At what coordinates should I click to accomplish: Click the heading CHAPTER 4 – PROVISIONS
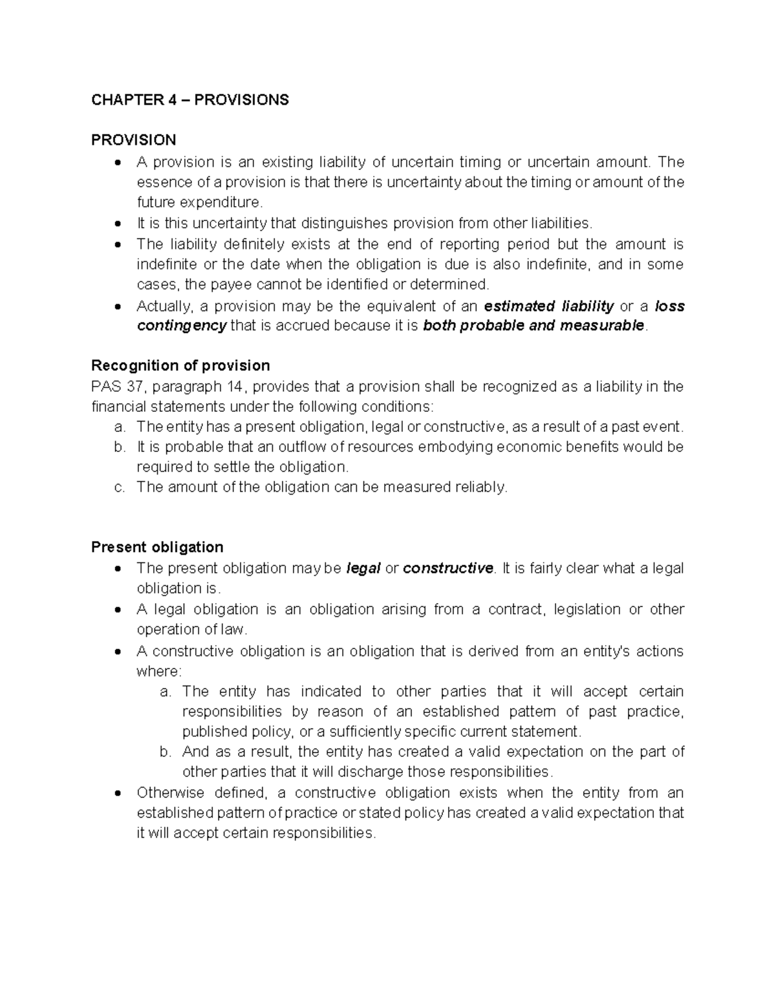coord(189,100)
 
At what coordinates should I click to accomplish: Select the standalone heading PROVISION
coord(133,140)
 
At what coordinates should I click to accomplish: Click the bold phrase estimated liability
coord(548,306)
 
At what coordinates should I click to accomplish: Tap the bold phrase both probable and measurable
coord(533,326)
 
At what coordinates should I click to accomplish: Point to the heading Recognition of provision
coord(180,366)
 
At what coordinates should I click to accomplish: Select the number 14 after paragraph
coord(237,387)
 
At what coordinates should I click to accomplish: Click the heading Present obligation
coord(157,547)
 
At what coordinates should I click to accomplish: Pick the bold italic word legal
coord(363,568)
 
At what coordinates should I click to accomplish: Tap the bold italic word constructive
coord(447,568)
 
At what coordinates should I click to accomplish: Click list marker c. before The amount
coord(119,487)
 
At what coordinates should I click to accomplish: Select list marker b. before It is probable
coord(119,447)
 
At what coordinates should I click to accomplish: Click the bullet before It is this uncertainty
coord(117,224)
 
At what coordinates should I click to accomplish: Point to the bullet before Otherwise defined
coord(117,794)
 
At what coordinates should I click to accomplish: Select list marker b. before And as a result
coord(165,752)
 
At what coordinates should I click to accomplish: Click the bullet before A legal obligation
coord(117,610)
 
